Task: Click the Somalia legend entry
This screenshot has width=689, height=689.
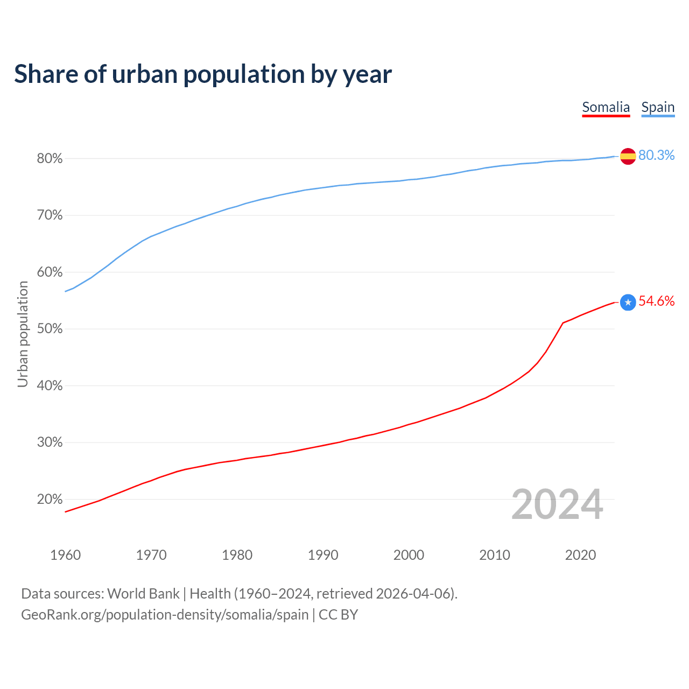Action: tap(606, 107)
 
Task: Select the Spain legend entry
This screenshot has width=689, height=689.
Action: tap(658, 107)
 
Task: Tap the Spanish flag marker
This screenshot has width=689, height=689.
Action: tap(628, 156)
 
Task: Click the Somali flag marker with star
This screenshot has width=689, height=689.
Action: tap(628, 303)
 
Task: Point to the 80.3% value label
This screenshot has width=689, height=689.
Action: tap(656, 156)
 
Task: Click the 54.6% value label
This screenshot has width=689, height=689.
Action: tap(656, 301)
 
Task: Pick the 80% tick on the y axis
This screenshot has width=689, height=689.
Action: tap(50, 159)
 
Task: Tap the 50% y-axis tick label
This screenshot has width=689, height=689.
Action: tap(50, 329)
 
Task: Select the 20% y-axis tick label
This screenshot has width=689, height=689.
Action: tap(50, 500)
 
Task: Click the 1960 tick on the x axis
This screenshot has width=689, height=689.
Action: tap(65, 555)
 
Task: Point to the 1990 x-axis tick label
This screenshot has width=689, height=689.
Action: tap(323, 555)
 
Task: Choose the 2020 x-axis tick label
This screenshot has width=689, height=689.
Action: tap(580, 555)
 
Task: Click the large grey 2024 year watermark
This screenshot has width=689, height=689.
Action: tap(557, 504)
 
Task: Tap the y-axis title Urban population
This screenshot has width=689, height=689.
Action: tap(23, 334)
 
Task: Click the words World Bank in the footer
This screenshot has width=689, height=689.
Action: tap(143, 594)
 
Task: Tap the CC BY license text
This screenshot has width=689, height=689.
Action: tap(338, 615)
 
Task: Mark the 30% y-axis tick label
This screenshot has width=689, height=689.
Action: tap(50, 442)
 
